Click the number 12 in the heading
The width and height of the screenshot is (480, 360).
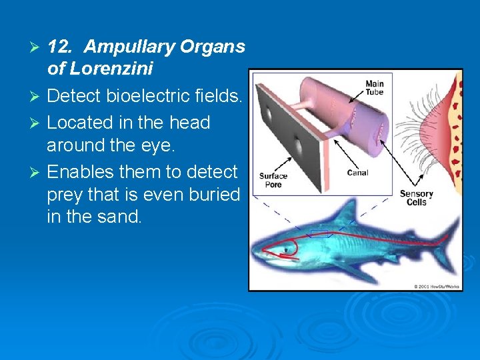60,47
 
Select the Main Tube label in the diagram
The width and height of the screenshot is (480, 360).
374,88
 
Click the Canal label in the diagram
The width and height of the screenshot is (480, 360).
357,173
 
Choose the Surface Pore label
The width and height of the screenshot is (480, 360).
273,181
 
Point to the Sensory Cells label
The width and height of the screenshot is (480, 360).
416,198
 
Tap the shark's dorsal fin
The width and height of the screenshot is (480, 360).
344,215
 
